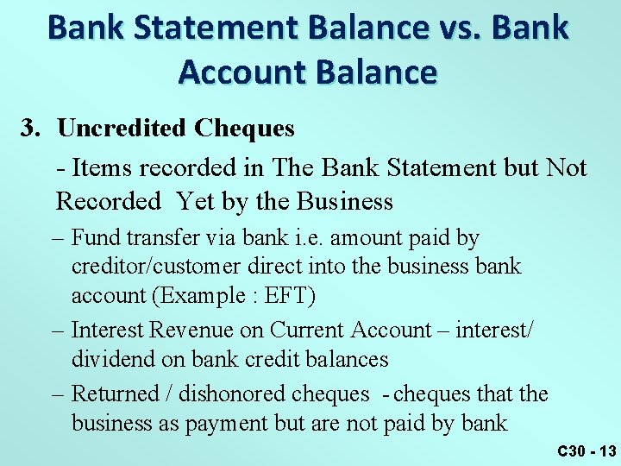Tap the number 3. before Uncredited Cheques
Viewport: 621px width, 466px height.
point(32,129)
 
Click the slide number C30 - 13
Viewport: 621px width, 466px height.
point(586,451)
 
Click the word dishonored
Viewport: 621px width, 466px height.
point(233,394)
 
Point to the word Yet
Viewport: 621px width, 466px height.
point(196,202)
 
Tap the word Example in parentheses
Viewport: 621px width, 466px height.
point(199,296)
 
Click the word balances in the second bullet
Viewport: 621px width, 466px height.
point(344,359)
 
